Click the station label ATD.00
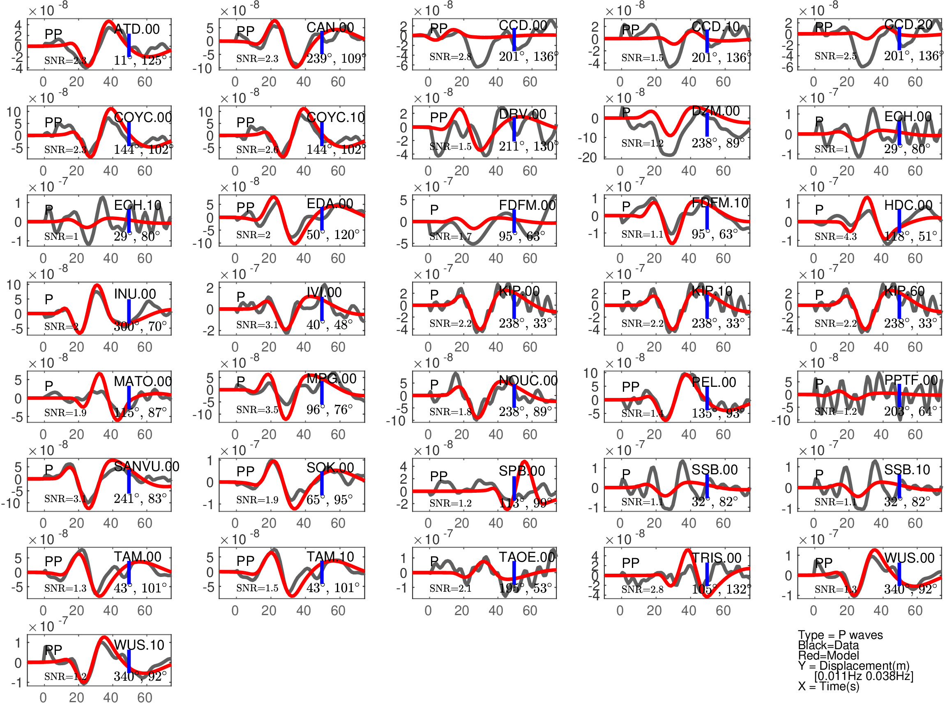coord(137,30)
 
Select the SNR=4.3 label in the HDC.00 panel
coord(835,237)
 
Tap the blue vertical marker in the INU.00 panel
coord(129,312)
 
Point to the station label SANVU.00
coord(146,466)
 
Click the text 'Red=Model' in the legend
coord(828,655)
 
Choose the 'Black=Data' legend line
coord(828,645)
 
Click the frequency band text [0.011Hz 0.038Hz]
coord(863,676)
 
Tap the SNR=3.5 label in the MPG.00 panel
coord(257,410)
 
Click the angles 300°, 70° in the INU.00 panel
coord(140,326)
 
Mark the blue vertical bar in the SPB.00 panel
coord(514,488)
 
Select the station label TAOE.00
coord(527,557)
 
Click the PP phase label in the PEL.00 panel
coord(630,387)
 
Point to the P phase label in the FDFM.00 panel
coord(434,209)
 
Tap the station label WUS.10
coord(139,645)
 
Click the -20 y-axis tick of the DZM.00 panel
coord(587,158)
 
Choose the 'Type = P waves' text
coord(840,635)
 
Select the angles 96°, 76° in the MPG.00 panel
coord(330,409)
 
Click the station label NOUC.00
coord(528,380)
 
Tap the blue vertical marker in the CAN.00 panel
coord(322,43)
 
